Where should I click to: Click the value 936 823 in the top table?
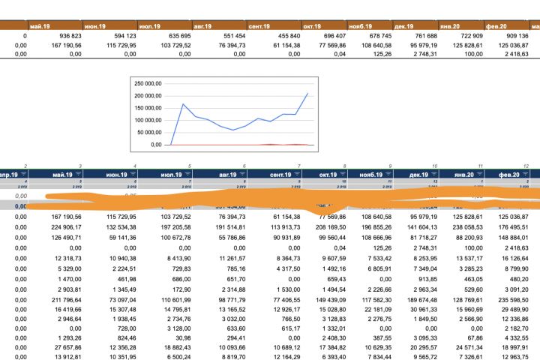tap(70, 36)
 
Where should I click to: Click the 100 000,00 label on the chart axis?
tap(148, 120)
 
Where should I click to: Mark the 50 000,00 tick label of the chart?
tap(149, 132)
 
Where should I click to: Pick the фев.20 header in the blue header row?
tap(517, 174)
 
